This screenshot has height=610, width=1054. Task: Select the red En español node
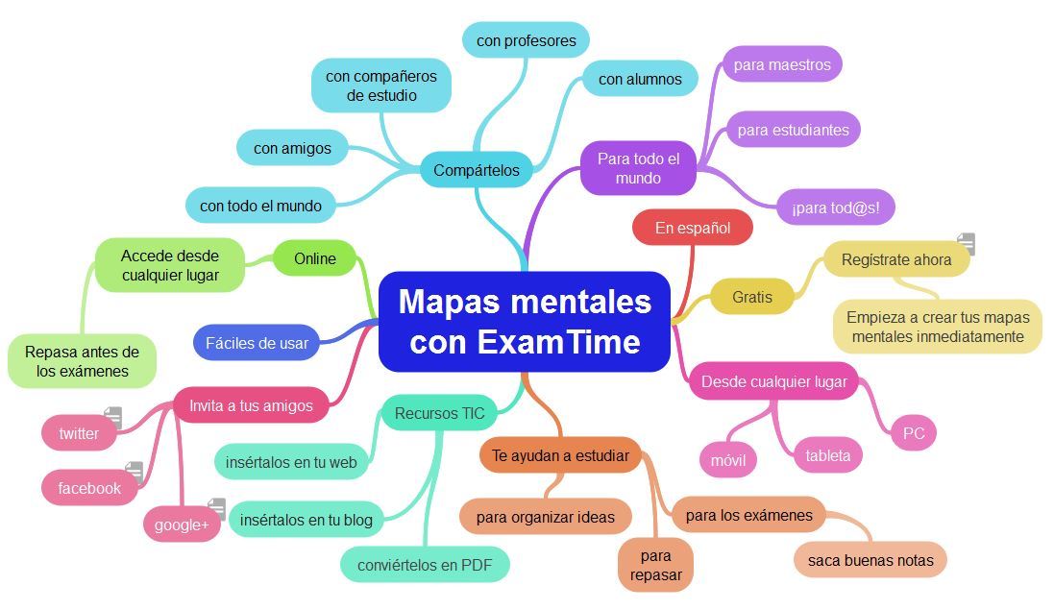tap(692, 228)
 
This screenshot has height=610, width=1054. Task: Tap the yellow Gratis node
tap(751, 297)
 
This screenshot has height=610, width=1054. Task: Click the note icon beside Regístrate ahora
tap(966, 244)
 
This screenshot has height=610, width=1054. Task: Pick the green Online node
tap(314, 258)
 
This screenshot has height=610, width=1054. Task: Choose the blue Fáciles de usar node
tap(257, 343)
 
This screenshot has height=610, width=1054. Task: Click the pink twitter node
tap(79, 433)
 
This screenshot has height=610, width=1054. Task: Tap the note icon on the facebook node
tap(134, 472)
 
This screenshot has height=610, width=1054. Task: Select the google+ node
tap(181, 525)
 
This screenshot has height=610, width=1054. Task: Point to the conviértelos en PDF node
tap(424, 565)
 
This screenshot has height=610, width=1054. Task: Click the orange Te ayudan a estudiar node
tap(560, 455)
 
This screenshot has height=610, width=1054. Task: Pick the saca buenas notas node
tap(870, 560)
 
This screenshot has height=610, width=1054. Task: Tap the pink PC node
tap(913, 433)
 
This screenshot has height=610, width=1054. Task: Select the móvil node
tap(727, 459)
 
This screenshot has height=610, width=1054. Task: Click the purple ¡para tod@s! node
tap(835, 207)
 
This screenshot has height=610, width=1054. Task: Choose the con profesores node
tap(526, 40)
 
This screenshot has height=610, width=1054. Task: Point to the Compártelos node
tap(476, 170)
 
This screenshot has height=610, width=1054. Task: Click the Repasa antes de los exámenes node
tap(82, 361)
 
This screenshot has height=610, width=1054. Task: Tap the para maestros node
tap(781, 64)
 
